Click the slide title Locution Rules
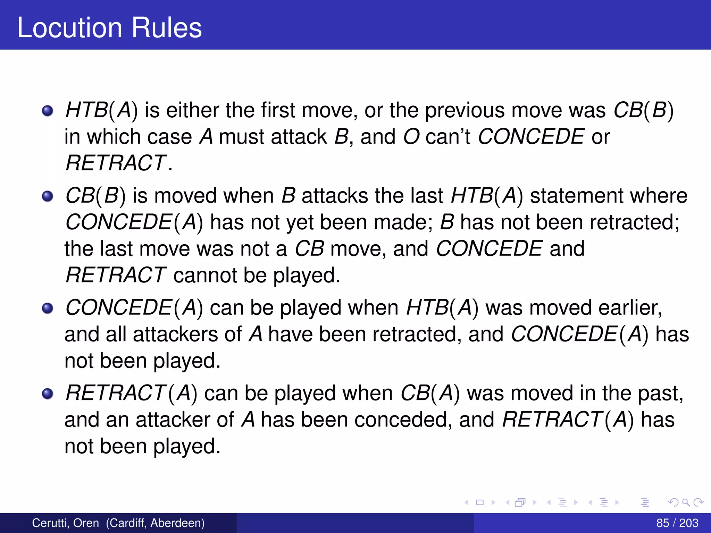[109, 28]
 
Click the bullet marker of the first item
[48, 111]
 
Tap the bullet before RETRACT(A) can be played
[48, 394]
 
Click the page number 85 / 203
[677, 523]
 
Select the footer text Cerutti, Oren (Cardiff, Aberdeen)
[118, 523]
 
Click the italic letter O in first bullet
[411, 137]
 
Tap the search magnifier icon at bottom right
[686, 502]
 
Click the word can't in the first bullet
[448, 137]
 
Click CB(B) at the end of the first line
[643, 110]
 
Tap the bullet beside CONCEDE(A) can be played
[48, 308]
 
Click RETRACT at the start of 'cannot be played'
[116, 275]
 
